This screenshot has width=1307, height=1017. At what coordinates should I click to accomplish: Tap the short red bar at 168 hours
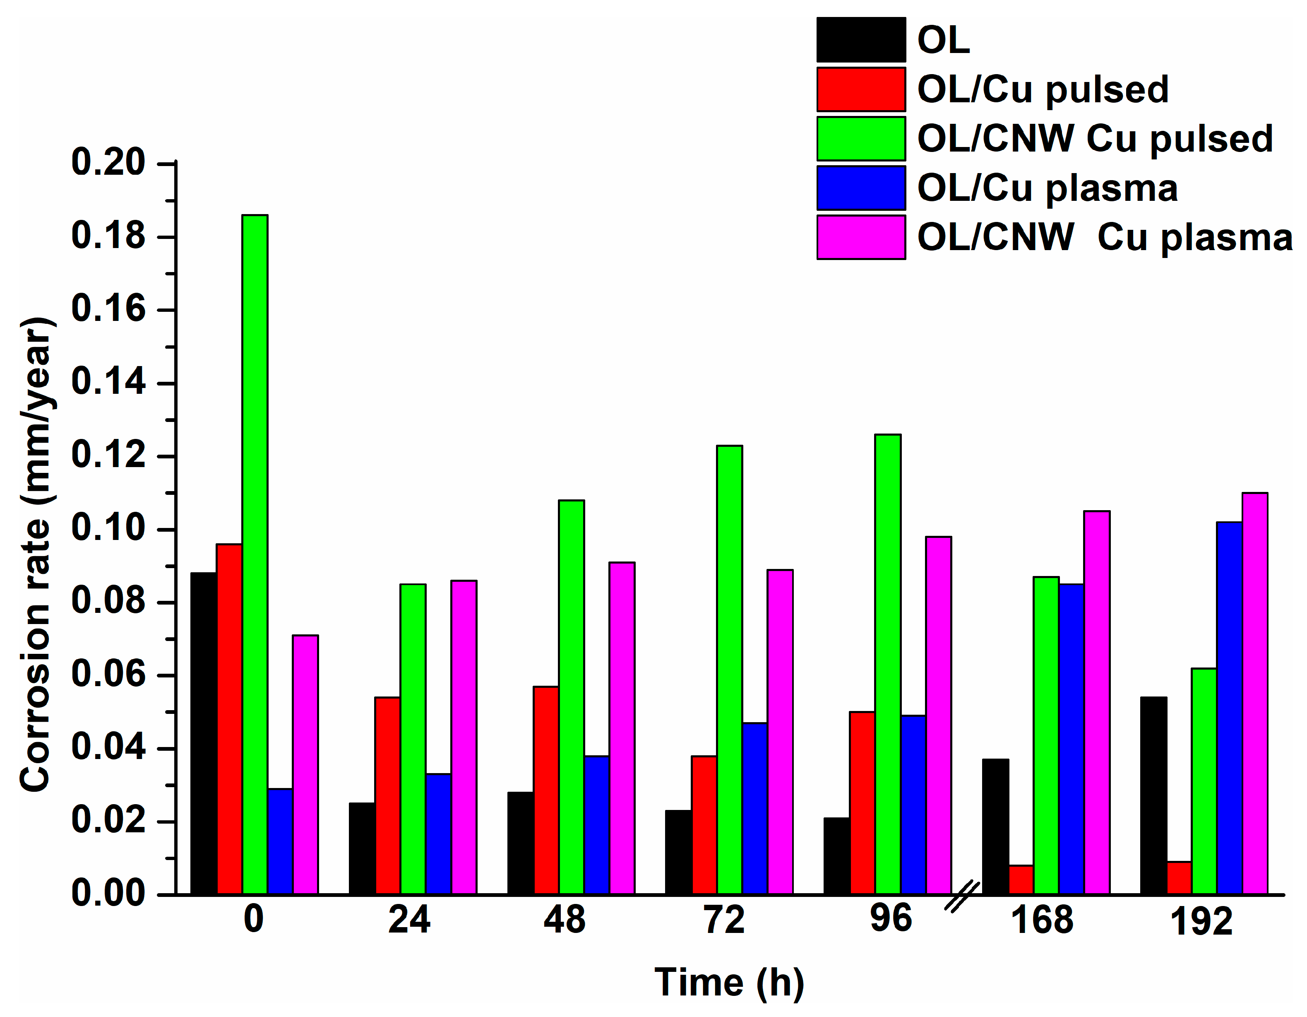1021,880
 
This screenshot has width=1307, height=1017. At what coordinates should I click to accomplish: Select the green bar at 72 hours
730,670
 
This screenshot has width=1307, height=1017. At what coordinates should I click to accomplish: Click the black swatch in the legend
860,39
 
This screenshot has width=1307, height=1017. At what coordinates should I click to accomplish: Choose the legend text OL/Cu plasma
1047,188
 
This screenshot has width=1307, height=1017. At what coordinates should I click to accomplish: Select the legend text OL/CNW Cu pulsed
1095,139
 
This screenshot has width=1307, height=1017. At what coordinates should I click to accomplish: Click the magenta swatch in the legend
860,238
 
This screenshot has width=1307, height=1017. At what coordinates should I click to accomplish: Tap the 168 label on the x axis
1042,921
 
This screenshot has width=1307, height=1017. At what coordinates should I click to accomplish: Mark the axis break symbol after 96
962,896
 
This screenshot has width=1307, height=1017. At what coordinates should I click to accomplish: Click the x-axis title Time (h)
729,983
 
